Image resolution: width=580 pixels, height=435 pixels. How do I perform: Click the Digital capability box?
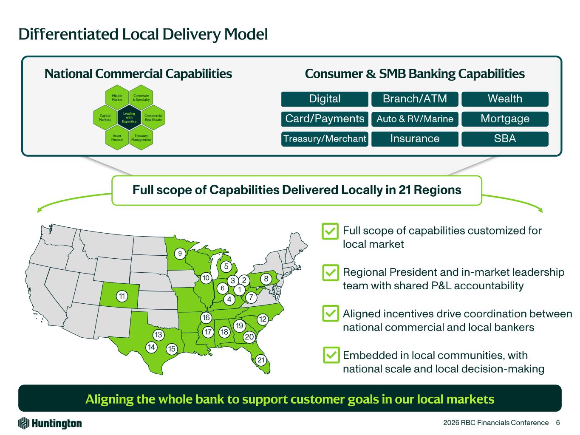click(x=325, y=99)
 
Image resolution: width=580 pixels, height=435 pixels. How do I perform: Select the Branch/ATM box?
click(x=415, y=99)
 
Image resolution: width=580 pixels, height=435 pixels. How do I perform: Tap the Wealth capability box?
click(x=505, y=99)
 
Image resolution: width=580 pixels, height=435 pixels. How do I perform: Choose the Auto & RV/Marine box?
click(x=415, y=119)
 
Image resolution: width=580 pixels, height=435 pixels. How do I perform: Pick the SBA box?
click(x=505, y=139)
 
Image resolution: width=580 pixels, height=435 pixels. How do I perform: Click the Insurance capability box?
click(x=415, y=139)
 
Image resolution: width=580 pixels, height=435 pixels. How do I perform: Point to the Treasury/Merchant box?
click(x=325, y=139)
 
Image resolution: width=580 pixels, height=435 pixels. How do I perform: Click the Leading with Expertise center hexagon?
click(x=129, y=118)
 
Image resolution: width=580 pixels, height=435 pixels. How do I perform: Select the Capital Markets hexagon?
click(x=105, y=118)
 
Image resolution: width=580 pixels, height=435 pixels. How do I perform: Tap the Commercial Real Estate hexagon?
click(x=153, y=118)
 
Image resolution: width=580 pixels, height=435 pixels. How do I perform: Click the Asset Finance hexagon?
click(x=117, y=138)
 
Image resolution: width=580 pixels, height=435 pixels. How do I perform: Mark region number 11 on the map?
click(x=122, y=296)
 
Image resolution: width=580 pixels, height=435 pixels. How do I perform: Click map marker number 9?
click(x=180, y=254)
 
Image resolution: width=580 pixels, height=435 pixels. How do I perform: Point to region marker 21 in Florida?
click(x=261, y=360)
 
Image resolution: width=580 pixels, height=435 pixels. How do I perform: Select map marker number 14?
click(x=151, y=347)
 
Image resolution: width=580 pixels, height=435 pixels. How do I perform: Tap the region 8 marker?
click(x=266, y=279)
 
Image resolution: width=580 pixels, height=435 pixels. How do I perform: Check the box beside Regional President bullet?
click(x=331, y=272)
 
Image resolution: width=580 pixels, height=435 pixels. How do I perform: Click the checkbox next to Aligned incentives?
click(x=331, y=314)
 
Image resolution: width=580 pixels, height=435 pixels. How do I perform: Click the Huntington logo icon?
click(x=23, y=423)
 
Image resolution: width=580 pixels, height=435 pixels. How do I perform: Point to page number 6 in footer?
click(x=557, y=423)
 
